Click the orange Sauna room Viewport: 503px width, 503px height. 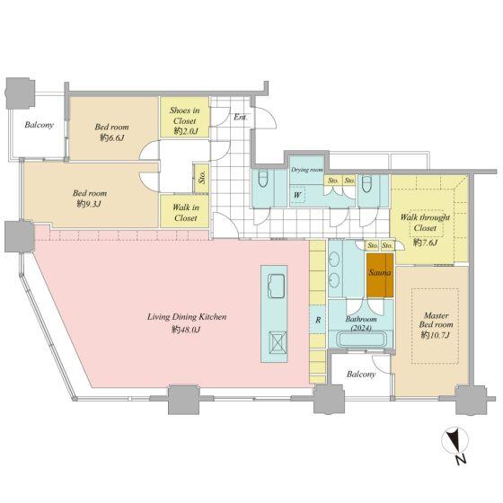380,275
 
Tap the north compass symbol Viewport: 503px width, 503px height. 455,445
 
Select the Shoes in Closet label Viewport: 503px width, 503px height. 185,116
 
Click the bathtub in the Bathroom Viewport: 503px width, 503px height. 361,340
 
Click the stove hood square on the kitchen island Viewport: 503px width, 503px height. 278,342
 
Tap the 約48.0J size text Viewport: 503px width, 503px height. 186,329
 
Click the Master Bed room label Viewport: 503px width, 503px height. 436,320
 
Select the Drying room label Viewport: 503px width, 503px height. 307,170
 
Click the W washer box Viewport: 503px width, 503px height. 297,195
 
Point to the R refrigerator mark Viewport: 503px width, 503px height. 318,320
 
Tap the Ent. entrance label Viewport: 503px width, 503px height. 241,117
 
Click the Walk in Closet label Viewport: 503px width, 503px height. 185,212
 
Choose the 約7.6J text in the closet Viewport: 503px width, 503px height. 426,243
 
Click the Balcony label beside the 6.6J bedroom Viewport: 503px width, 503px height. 40,125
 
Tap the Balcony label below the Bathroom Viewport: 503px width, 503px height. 361,374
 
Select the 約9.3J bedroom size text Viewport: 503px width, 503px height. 89,203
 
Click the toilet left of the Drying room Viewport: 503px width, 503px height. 263,179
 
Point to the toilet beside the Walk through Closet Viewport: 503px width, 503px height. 366,183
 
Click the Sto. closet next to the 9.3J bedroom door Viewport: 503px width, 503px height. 202,177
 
